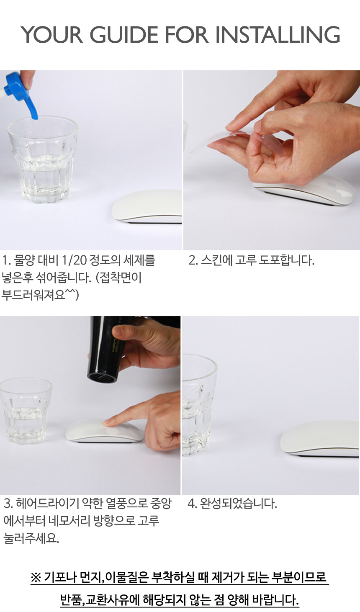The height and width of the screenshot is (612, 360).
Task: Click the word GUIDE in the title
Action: tap(124, 35)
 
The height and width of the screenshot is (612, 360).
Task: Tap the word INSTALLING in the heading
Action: tap(278, 35)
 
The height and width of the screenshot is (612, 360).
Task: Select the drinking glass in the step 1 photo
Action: tap(42, 159)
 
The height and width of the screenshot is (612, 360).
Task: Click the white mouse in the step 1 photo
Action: tap(147, 207)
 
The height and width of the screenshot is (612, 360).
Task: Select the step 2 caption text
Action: tap(251, 260)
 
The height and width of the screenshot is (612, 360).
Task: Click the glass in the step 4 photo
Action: tap(199, 404)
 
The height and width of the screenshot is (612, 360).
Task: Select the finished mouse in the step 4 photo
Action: tap(319, 439)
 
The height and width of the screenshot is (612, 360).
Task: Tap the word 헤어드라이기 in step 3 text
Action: tap(47, 504)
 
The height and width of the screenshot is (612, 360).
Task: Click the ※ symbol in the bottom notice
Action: tap(36, 577)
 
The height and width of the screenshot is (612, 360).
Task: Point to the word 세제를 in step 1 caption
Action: tap(139, 260)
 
